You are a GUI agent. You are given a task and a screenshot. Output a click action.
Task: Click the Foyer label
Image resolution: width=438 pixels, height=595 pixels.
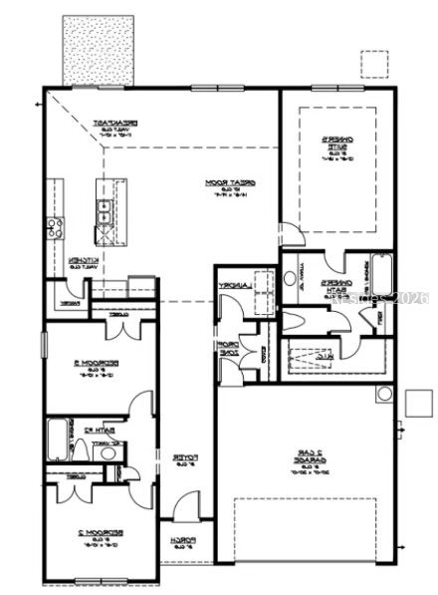tap(185, 458)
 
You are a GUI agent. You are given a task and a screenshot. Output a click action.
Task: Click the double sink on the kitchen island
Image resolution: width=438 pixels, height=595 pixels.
tap(104, 209)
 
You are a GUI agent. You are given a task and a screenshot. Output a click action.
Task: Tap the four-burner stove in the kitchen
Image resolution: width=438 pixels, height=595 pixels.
tap(53, 227)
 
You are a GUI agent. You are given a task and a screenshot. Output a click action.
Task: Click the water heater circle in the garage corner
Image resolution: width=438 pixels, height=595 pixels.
tap(383, 394)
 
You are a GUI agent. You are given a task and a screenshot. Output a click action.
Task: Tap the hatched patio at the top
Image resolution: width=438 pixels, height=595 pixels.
tap(98, 50)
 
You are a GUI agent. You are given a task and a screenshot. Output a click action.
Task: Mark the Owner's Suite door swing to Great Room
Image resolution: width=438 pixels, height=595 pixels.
tap(290, 235)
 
